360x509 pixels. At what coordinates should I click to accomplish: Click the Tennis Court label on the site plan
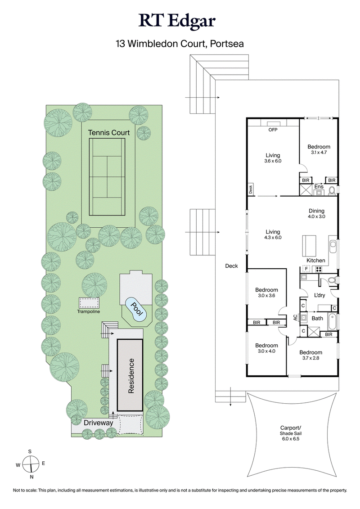coord(108,132)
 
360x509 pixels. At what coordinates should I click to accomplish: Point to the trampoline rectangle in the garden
coord(88,302)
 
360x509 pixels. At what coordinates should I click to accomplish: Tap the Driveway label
coord(98,423)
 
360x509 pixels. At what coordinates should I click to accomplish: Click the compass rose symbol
coord(30,463)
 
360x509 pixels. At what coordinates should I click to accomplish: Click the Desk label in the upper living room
coord(251,189)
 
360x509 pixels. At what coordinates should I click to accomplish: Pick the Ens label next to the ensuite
coord(319,186)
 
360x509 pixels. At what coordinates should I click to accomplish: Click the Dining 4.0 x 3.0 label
coord(316,213)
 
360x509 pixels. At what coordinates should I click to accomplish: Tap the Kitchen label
coord(315,261)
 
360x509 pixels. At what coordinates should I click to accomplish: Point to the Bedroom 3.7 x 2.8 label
coord(310,355)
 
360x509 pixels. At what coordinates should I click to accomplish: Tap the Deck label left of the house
coord(232,266)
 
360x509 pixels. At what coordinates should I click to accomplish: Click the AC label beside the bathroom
coord(296,317)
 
